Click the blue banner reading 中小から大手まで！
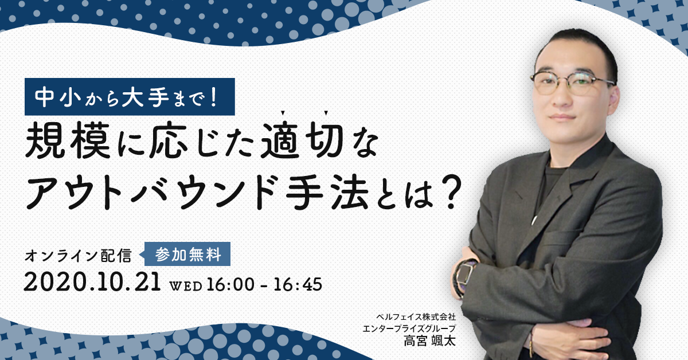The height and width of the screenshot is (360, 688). point(130,97)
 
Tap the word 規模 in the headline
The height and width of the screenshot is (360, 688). point(68,140)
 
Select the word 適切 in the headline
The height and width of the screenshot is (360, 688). point(303,140)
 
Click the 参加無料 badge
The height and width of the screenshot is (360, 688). point(187,254)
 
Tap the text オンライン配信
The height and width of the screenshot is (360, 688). point(78,256)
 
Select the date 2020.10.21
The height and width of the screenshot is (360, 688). point(92,282)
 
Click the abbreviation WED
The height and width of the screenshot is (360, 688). point(186,286)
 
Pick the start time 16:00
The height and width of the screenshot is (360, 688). point(230,284)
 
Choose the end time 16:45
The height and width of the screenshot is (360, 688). point(298,284)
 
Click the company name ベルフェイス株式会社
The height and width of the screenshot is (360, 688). point(416,316)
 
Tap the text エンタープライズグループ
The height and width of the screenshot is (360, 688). point(409,328)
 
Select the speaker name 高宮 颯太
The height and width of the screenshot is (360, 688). point(429,341)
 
